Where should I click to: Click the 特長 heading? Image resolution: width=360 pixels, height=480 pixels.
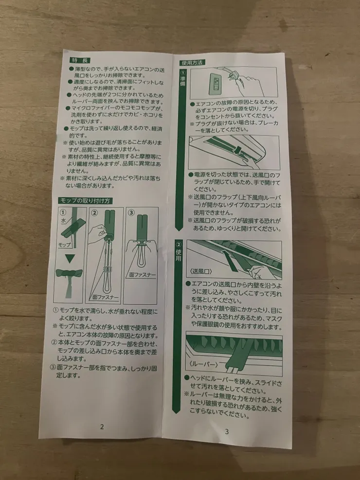point(80,60)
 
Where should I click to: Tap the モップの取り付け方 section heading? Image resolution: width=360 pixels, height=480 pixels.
point(85,201)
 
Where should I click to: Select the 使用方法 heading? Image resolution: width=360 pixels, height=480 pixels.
point(192,63)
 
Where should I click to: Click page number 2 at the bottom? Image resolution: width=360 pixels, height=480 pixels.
point(102,427)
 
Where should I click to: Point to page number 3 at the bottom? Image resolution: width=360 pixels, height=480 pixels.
point(227,432)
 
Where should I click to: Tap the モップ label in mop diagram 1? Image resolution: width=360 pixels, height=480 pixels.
point(64,245)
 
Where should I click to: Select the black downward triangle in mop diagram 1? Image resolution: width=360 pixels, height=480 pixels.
point(70,259)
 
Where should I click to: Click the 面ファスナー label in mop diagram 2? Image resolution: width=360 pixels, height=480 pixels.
point(106,297)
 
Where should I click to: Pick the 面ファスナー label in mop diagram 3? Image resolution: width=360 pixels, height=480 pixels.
point(143,275)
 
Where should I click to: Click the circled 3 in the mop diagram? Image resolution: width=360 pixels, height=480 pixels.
point(131,212)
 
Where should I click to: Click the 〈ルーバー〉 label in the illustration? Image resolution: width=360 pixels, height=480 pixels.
point(203,364)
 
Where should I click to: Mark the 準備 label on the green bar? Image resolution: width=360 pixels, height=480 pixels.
point(183,81)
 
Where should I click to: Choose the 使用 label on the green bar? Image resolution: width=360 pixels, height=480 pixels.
point(179,255)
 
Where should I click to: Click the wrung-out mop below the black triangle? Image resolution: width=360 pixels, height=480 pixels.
point(69,280)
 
